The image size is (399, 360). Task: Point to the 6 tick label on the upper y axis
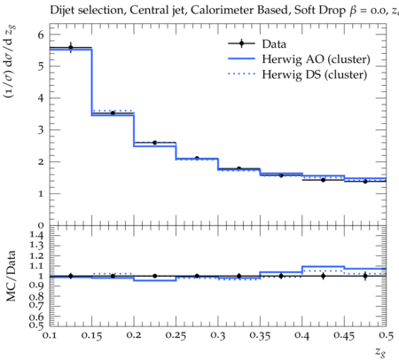[x=41, y=35]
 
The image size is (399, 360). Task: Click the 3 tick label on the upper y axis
[x=41, y=129]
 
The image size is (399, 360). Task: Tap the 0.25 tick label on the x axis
[x=176, y=335]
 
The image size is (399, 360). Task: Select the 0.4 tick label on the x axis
[x=301, y=335]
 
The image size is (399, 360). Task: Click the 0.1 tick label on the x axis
[x=49, y=335]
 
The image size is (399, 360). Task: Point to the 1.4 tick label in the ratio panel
[x=36, y=235]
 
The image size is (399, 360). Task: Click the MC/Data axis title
[x=11, y=276]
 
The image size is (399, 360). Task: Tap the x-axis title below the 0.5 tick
[x=380, y=351]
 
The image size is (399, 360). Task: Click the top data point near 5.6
[x=71, y=47]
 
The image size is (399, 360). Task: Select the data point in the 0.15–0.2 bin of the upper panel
[x=113, y=113]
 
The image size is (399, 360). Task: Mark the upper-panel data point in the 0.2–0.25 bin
[x=154, y=143]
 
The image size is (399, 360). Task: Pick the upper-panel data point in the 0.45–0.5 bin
[x=365, y=181]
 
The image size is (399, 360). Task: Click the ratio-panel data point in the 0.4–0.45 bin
[x=324, y=276]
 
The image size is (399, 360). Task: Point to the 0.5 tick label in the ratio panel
[x=36, y=325]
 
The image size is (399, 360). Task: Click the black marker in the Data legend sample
[x=241, y=43]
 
